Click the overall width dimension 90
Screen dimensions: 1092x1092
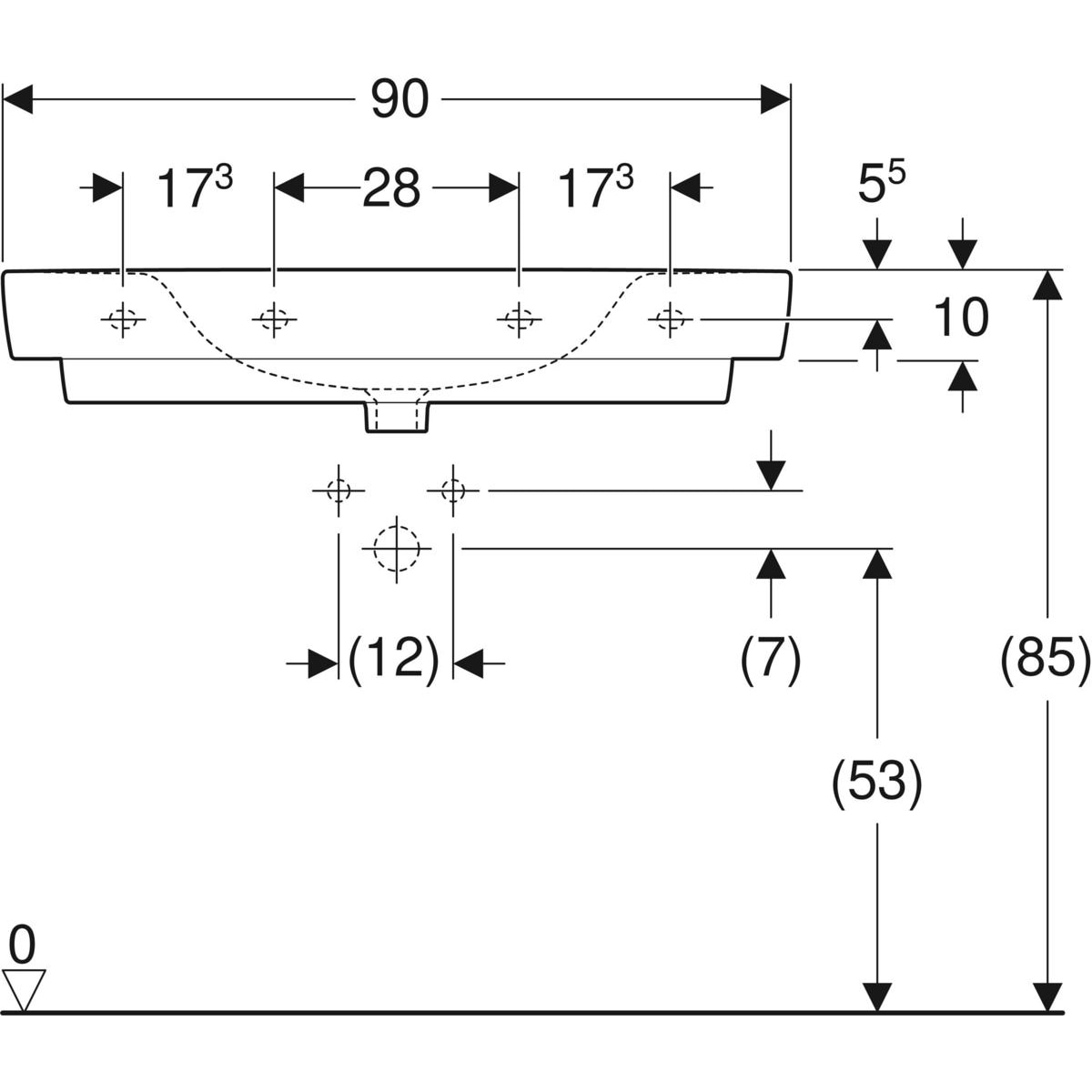coord(400,99)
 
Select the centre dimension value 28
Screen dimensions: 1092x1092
coord(391,187)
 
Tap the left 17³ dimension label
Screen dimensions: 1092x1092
coord(195,187)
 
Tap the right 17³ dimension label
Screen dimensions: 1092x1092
coord(596,187)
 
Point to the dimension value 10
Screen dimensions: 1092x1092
coord(961,318)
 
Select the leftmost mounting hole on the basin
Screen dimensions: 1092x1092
coord(123,319)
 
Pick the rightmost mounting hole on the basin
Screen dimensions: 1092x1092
coord(671,319)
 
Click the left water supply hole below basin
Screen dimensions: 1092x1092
coord(339,490)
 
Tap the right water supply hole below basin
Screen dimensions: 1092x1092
coord(453,490)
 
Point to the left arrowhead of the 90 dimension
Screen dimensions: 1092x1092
coord(17,99)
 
